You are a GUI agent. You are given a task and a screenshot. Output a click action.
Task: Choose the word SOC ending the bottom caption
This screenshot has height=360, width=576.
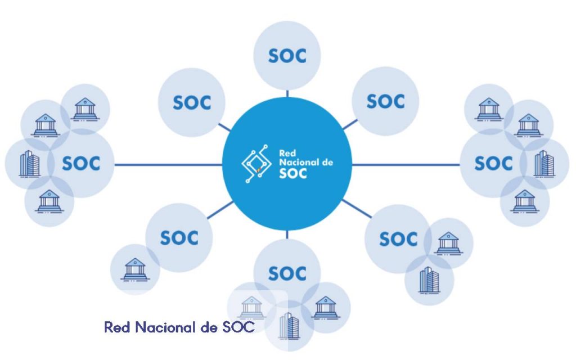pos(236,327)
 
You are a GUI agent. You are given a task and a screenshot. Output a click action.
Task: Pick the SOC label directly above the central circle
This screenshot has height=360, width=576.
pos(287,56)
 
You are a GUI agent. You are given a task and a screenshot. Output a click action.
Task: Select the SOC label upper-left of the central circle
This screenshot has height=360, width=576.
pos(192,103)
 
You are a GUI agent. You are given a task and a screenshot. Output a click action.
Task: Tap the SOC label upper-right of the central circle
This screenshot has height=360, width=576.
pos(386,101)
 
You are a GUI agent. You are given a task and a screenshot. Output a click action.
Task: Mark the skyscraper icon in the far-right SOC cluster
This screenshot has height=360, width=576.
pos(544,163)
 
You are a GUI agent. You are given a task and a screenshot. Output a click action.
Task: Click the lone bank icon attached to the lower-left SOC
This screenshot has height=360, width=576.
pos(134,269)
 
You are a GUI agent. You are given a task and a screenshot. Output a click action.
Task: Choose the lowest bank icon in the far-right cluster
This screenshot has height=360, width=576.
pos(524,201)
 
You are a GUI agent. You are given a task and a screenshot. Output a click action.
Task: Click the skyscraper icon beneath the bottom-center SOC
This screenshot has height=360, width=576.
pos(289,325)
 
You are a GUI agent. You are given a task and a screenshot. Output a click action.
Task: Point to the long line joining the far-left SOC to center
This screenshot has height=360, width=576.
pos(169,165)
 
